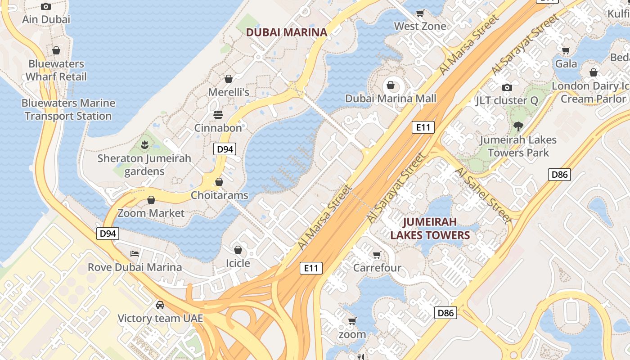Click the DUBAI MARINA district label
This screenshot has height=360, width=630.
(287, 32)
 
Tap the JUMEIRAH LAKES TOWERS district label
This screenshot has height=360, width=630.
(430, 228)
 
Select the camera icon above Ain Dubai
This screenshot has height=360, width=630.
(45, 6)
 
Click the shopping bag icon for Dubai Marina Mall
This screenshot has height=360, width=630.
(391, 85)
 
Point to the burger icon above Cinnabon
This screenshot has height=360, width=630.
(218, 114)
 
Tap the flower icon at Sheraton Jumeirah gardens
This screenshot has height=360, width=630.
(144, 145)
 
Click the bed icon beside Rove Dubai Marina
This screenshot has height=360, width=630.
(134, 254)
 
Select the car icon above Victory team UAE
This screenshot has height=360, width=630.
(160, 305)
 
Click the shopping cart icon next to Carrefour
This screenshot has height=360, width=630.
(377, 255)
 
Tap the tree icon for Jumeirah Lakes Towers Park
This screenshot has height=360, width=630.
(518, 126)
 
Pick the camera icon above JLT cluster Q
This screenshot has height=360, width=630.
(507, 87)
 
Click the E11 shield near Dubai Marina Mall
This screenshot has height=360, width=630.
(423, 127)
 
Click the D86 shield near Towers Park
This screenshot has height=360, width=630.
(559, 175)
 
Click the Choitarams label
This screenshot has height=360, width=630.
(219, 195)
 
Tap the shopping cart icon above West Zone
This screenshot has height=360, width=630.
(420, 13)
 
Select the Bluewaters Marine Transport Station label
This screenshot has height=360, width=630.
(68, 109)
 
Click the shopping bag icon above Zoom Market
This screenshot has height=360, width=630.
(151, 200)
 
